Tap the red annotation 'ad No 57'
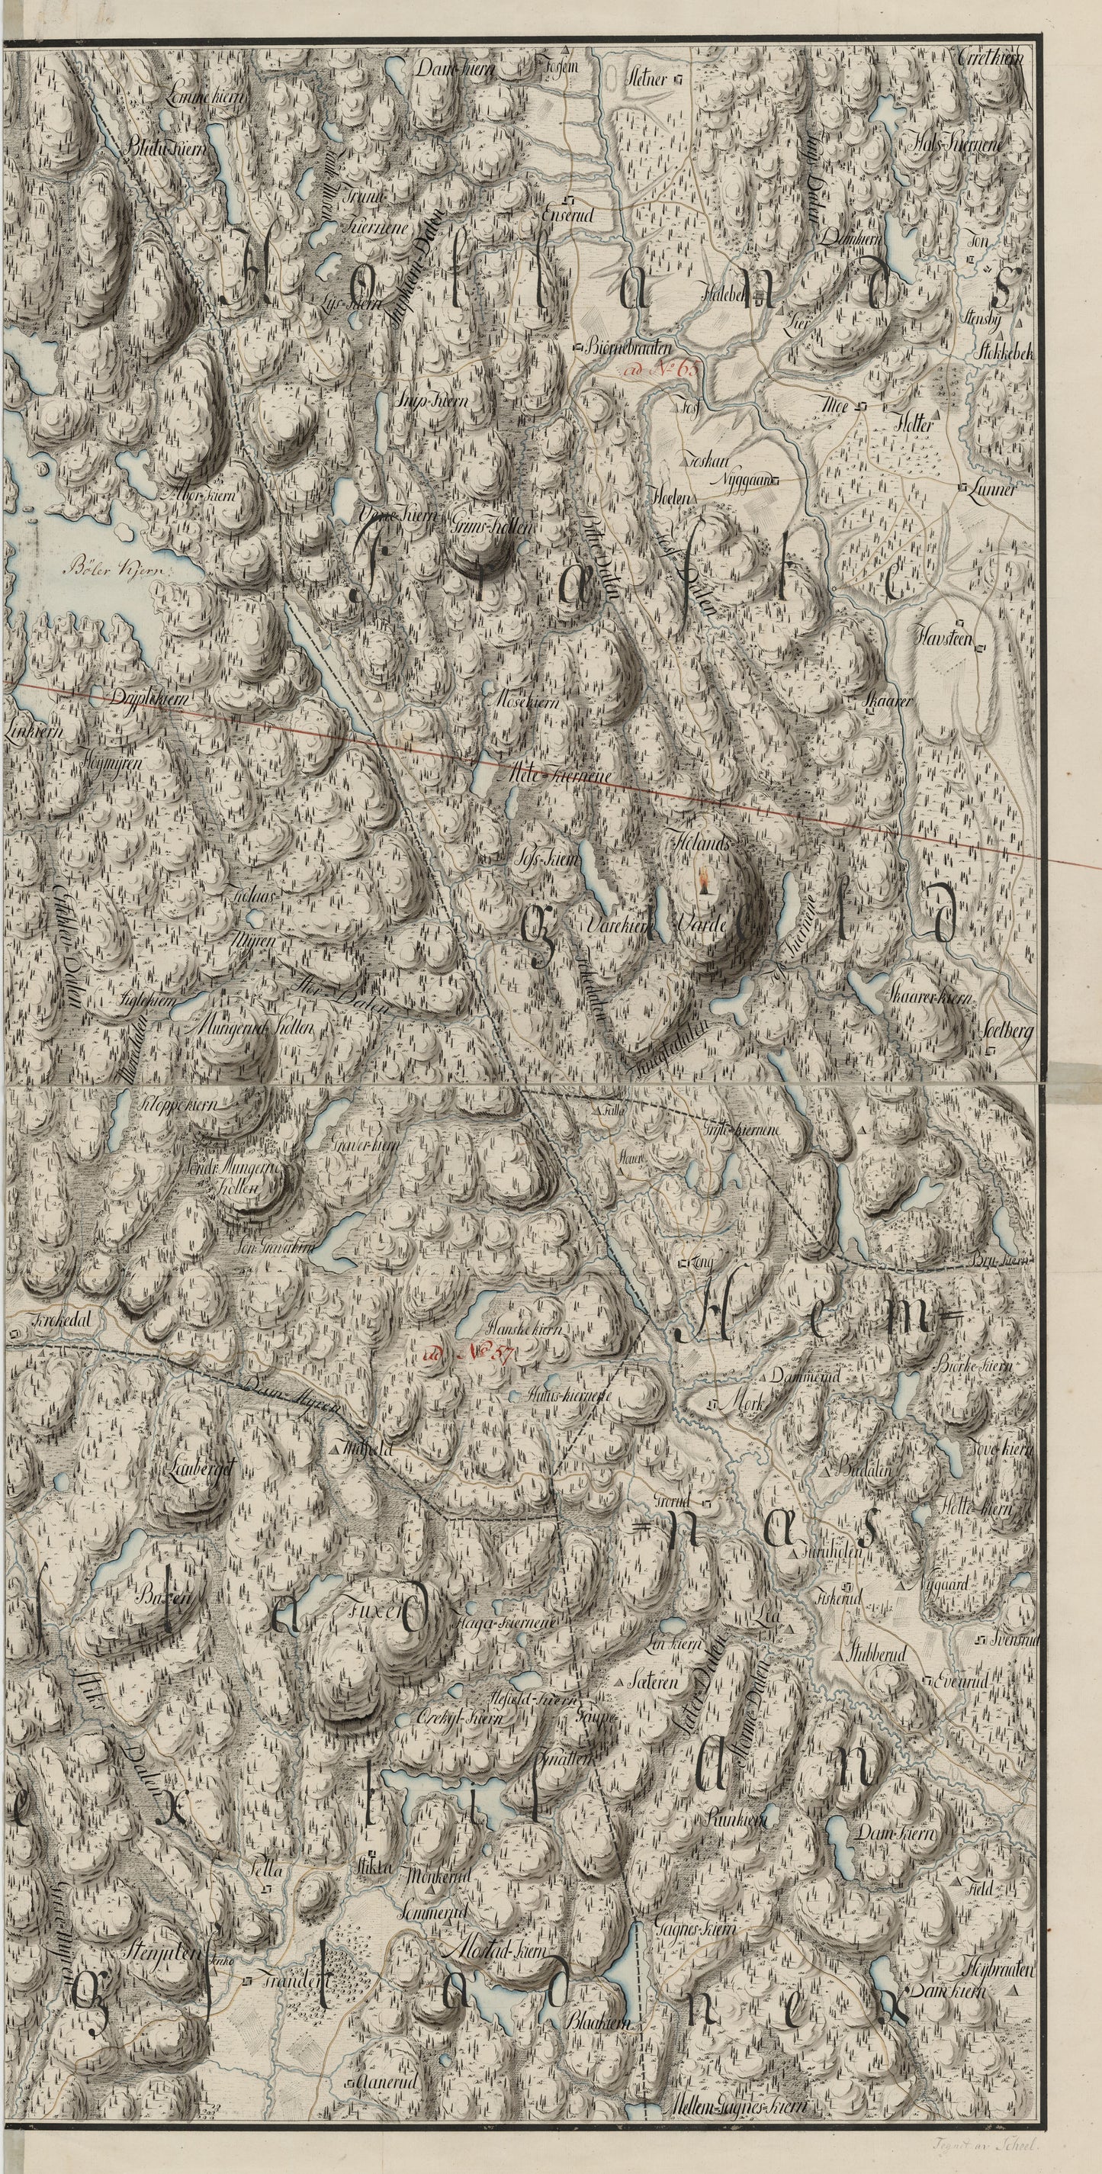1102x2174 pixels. pos(470,1352)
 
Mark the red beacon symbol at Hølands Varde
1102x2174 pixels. pos(703,882)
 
